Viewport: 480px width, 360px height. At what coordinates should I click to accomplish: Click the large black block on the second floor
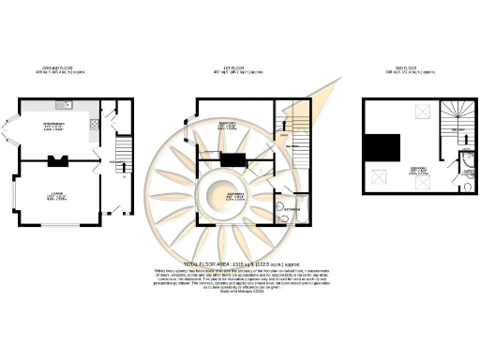(380, 147)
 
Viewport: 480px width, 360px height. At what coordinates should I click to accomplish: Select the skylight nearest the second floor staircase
(415, 113)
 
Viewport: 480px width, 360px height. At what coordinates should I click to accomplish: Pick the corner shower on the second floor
(468, 172)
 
